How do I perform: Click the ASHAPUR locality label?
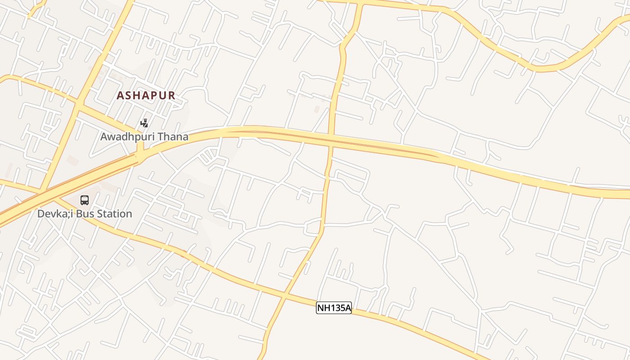point(146,95)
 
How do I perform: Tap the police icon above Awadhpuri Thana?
point(144,122)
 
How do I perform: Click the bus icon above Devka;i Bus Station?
point(85,200)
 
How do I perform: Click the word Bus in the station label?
point(85,213)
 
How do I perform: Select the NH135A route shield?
point(334,308)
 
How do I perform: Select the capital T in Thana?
point(165,137)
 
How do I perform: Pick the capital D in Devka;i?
point(40,213)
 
